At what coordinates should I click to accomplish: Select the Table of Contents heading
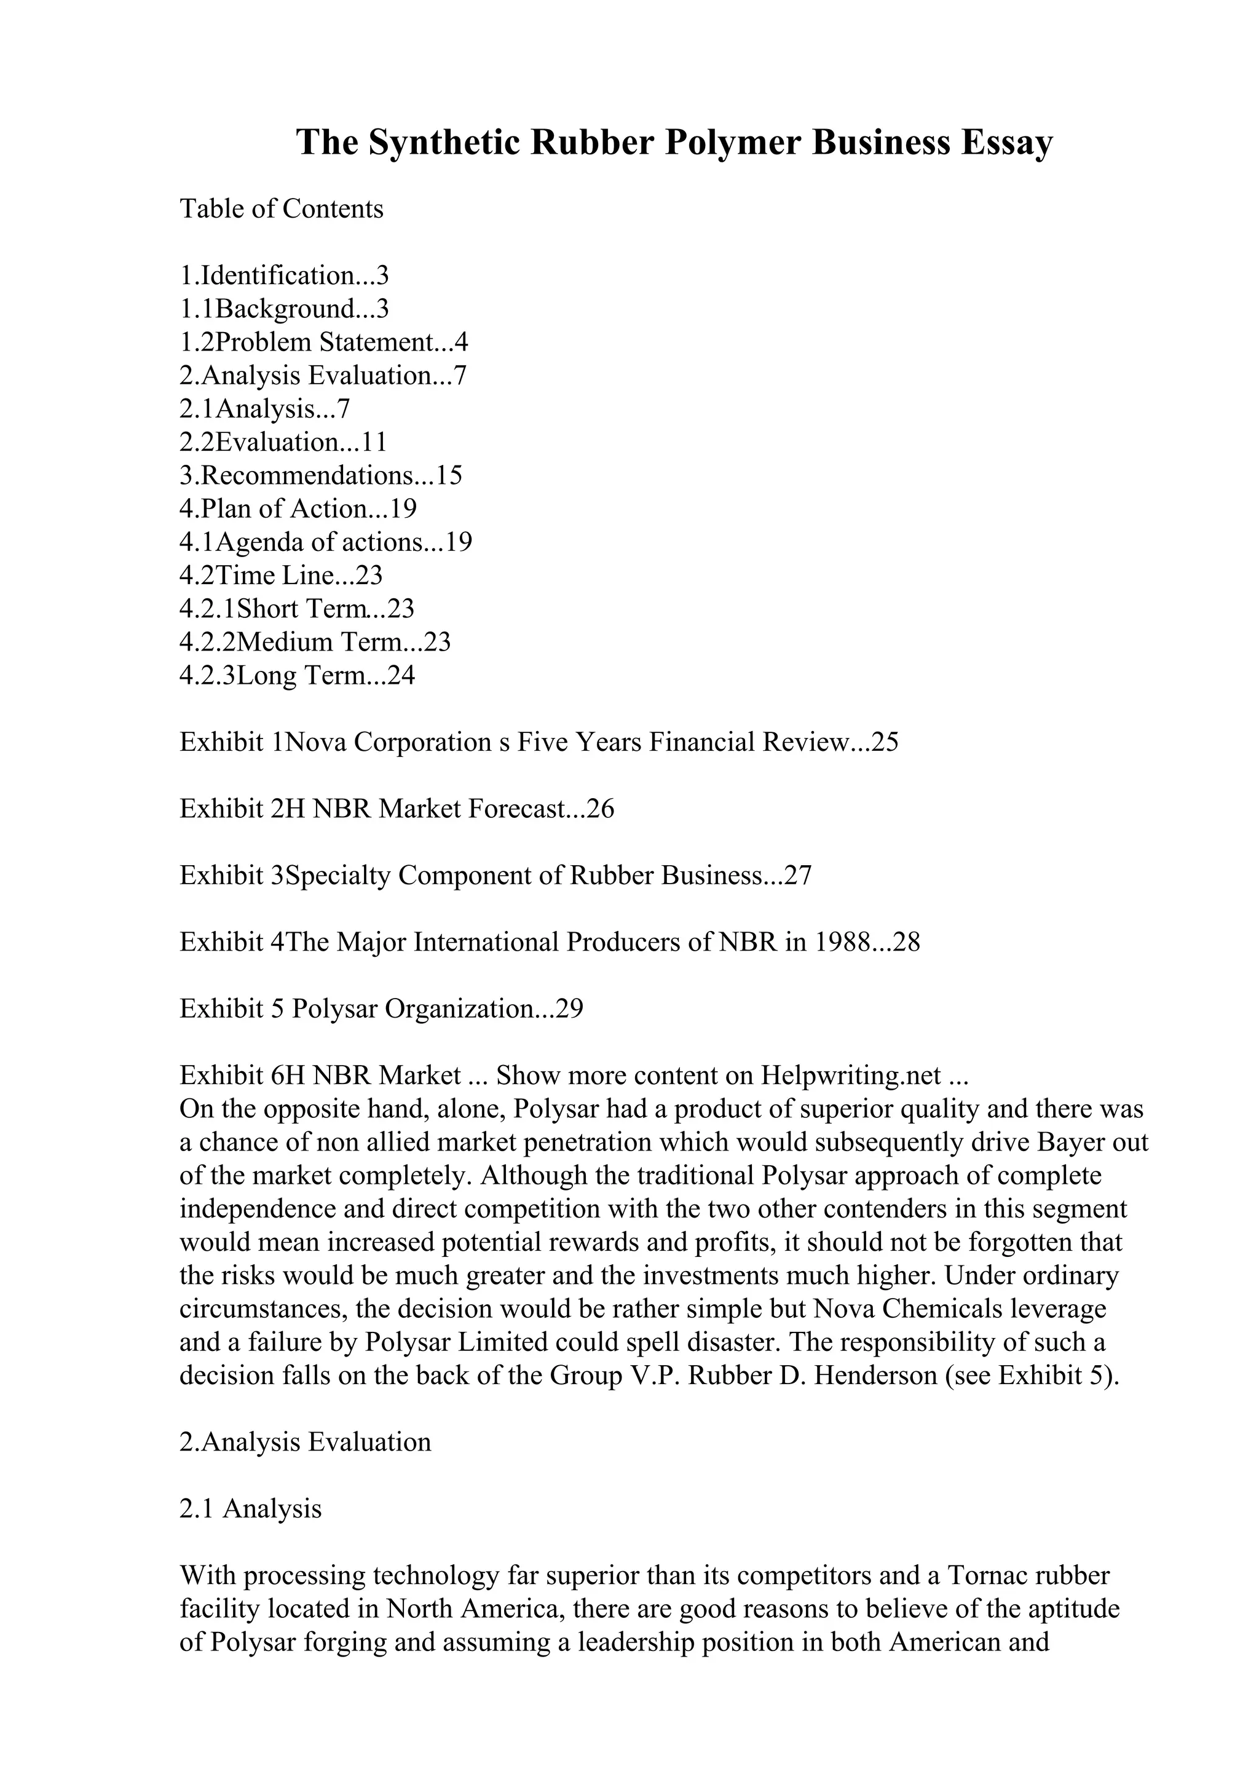pos(282,209)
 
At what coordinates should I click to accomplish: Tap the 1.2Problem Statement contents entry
pos(323,343)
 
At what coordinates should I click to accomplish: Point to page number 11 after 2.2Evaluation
pos(374,442)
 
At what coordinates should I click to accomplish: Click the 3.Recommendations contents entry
pos(320,475)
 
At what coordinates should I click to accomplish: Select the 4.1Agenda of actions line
pos(325,542)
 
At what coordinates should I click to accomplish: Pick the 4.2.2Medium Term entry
pos(314,642)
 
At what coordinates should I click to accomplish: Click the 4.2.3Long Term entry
pos(297,675)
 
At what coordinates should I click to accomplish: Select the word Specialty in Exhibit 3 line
pos(338,876)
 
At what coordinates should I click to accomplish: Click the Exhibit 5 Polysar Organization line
pos(381,1009)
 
